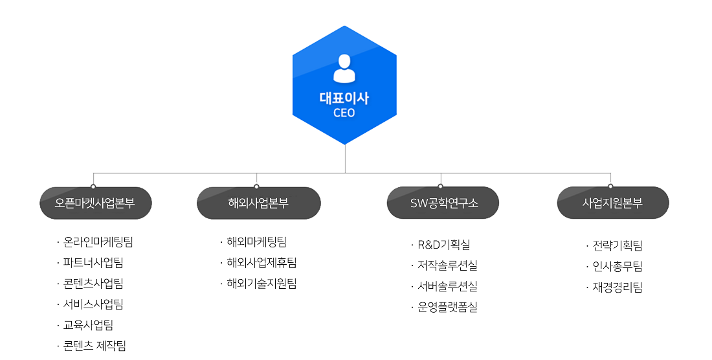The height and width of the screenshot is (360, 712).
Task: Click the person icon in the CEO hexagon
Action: click(x=344, y=68)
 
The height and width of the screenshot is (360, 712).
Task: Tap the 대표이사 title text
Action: click(x=344, y=98)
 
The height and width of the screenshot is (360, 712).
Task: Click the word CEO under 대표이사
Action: click(x=344, y=113)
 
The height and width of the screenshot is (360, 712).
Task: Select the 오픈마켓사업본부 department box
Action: click(x=95, y=203)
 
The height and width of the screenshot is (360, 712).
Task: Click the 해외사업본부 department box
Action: click(x=258, y=203)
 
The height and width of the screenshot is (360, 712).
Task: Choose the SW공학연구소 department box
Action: click(x=443, y=203)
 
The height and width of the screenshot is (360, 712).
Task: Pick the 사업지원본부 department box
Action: click(x=612, y=203)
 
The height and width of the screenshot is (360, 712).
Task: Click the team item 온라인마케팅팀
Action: click(x=98, y=243)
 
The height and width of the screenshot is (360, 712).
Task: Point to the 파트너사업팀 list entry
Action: click(x=93, y=263)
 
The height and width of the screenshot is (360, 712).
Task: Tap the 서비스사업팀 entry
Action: click(x=93, y=304)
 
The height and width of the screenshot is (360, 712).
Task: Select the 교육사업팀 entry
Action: click(x=89, y=325)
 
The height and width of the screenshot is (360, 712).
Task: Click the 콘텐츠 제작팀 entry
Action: click(x=95, y=346)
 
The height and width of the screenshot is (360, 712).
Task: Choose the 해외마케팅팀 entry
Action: click(x=256, y=242)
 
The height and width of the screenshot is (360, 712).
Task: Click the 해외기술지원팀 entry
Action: click(x=261, y=284)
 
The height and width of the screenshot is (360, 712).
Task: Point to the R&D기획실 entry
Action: click(x=444, y=245)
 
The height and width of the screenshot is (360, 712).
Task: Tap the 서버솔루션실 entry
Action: click(x=447, y=286)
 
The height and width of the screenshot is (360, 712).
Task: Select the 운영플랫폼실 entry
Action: click(x=447, y=307)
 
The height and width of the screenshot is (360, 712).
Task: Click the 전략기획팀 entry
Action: click(x=617, y=246)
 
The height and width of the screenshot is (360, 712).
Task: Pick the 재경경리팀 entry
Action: click(x=617, y=287)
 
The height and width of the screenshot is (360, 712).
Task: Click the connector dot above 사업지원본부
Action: click(x=610, y=186)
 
